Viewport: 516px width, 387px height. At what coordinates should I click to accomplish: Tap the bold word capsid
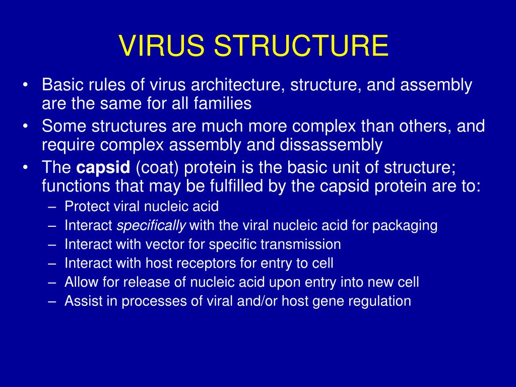tap(103, 167)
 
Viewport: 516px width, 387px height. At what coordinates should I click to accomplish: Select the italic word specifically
tap(151, 225)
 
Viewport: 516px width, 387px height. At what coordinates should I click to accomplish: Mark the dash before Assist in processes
tap(53, 301)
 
